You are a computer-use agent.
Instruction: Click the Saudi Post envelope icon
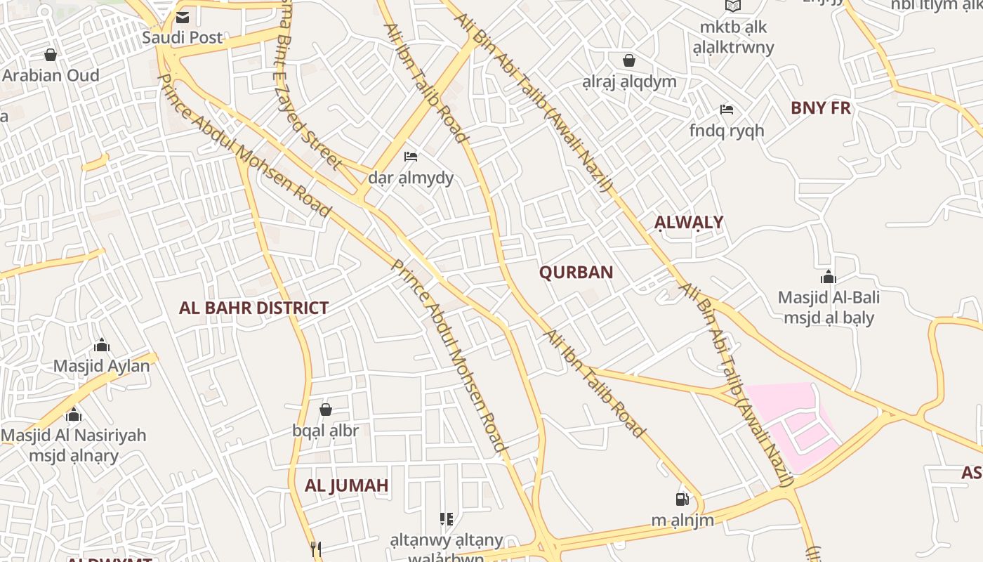183,18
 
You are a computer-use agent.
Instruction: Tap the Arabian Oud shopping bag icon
51,55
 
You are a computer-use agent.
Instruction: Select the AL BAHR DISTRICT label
253,308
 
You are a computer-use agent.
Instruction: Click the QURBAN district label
576,273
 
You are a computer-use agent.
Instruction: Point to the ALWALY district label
689,223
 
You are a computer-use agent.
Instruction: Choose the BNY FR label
820,107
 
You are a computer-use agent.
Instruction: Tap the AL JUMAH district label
346,485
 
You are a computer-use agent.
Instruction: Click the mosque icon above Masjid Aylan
102,345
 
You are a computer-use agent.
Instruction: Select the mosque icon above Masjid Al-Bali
829,277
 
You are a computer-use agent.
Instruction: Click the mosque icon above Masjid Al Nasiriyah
74,414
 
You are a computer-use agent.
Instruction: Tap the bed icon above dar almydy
411,156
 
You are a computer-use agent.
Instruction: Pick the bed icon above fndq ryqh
727,110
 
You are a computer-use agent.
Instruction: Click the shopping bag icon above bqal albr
325,410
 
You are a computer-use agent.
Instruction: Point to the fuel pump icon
681,499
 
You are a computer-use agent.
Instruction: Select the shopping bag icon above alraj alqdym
629,60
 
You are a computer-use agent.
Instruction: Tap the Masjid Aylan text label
102,366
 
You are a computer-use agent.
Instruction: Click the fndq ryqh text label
727,131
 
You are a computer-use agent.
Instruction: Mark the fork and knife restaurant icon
316,549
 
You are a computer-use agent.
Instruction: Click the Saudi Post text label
183,37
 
